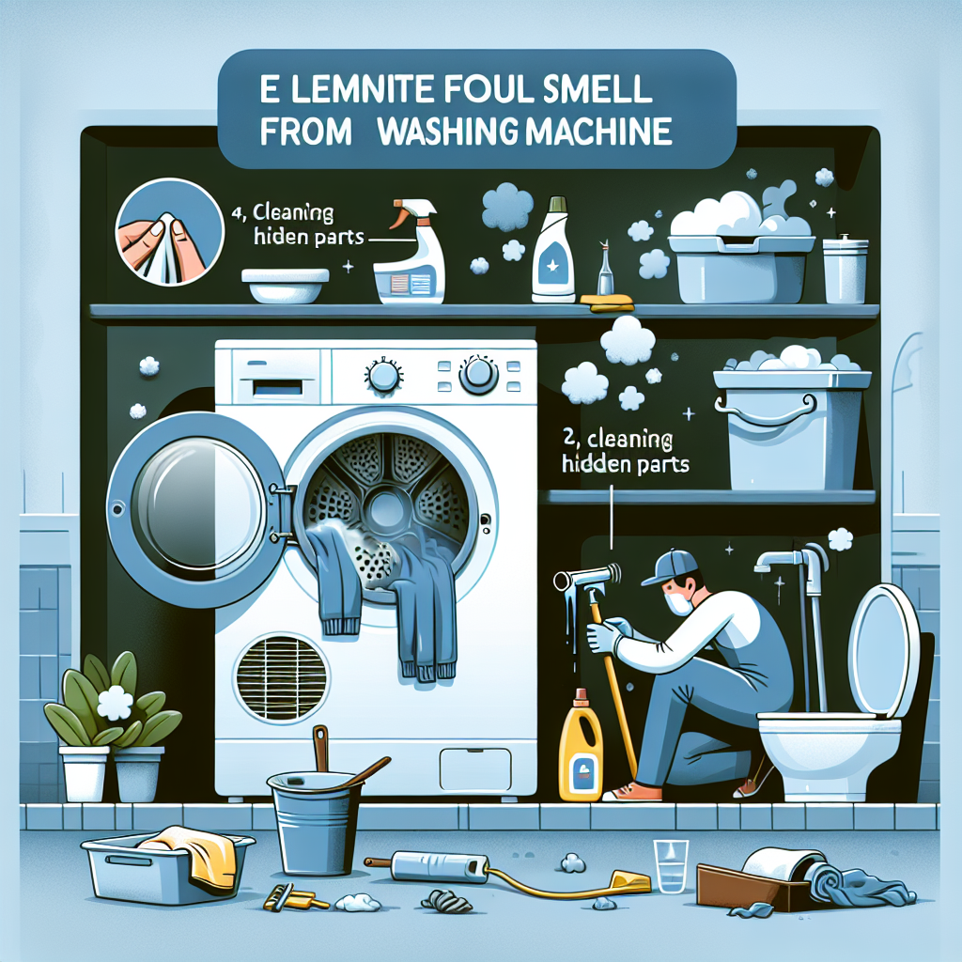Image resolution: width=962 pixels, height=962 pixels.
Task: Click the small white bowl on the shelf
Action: [x=285, y=286]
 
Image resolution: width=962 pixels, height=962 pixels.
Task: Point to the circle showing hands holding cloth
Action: [x=169, y=232]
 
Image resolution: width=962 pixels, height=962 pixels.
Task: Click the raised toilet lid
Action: [x=883, y=651]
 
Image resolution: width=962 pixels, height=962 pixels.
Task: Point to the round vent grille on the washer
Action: [x=282, y=679]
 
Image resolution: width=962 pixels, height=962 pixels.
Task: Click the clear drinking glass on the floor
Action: [x=670, y=865]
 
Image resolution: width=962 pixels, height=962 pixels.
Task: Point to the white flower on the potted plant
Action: [x=115, y=703]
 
